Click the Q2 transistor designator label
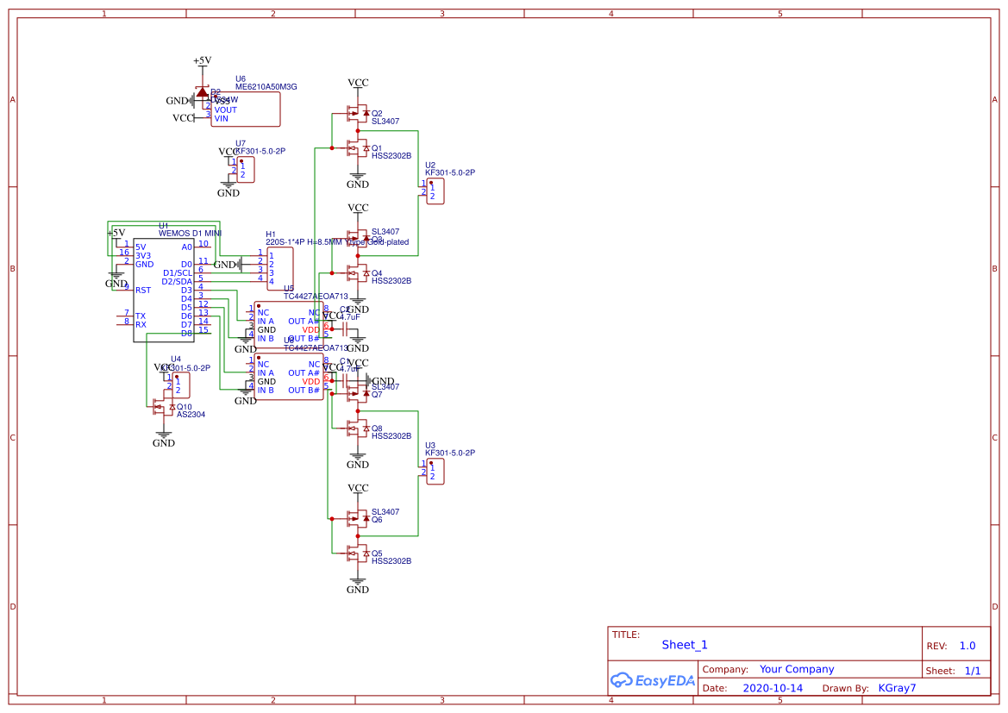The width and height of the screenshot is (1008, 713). click(377, 113)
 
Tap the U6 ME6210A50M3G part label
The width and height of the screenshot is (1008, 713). click(266, 86)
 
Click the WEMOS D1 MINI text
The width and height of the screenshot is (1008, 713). click(191, 233)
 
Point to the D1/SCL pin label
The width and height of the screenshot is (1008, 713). click(178, 272)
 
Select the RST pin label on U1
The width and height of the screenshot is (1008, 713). click(142, 291)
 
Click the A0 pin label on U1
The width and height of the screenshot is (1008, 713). click(186, 247)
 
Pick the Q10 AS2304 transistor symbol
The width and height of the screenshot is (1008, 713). click(163, 406)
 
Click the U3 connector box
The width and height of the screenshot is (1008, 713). click(435, 472)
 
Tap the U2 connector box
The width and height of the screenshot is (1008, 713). click(435, 191)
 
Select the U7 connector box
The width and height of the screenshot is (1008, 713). click(246, 170)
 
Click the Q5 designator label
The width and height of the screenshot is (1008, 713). click(377, 554)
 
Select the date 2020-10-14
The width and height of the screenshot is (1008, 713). click(772, 688)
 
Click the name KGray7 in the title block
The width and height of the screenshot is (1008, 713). click(896, 688)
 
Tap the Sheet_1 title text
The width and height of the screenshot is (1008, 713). click(684, 645)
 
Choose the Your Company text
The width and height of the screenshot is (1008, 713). click(796, 669)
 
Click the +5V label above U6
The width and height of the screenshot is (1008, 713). click(202, 60)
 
